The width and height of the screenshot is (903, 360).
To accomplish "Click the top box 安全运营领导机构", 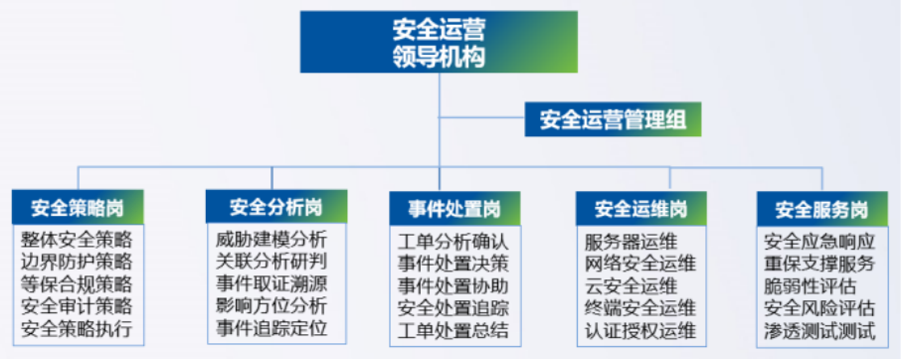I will coord(439,41).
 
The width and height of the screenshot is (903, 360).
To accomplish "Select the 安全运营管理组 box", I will coord(613,121).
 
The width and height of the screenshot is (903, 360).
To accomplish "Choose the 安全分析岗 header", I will coord(275,207).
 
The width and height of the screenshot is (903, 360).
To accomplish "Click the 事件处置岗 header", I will coord(453,209).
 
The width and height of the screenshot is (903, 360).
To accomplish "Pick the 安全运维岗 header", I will coord(641,209).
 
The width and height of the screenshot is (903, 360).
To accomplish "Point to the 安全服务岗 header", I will coord(820,209).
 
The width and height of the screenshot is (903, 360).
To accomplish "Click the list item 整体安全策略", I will coord(77,240).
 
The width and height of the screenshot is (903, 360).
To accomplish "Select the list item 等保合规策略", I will coord(77,283).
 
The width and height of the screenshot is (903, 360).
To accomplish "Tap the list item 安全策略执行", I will coord(77,327).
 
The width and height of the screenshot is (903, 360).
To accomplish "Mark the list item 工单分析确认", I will coord(452,242).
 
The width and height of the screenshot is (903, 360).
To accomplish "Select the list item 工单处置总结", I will coord(452,329).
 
